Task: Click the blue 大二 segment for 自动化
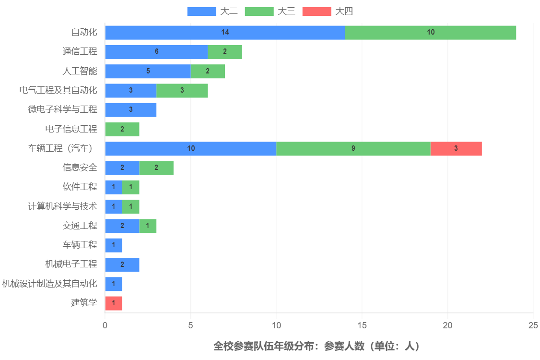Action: pyautogui.click(x=224, y=33)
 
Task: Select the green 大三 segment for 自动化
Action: pyautogui.click(x=430, y=33)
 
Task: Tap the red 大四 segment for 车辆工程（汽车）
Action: pyautogui.click(x=456, y=149)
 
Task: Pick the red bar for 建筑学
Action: pyautogui.click(x=114, y=303)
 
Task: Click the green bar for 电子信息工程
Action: pyautogui.click(x=122, y=130)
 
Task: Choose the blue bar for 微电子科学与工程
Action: pyautogui.click(x=131, y=110)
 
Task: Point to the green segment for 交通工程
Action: pyautogui.click(x=148, y=226)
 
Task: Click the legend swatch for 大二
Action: pyautogui.click(x=201, y=12)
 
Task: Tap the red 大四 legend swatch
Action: pyautogui.click(x=317, y=12)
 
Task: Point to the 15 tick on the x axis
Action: pyautogui.click(x=362, y=325)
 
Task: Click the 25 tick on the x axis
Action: pyautogui.click(x=533, y=325)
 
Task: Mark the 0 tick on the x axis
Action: pyautogui.click(x=105, y=325)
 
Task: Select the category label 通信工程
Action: pyautogui.click(x=80, y=52)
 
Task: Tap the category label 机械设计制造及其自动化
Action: pyautogui.click(x=49, y=284)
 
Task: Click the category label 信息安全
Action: pyautogui.click(x=80, y=168)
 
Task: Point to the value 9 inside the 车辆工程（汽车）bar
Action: pyautogui.click(x=353, y=149)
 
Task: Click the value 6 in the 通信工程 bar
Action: pyautogui.click(x=156, y=52)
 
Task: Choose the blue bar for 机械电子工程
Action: pyautogui.click(x=122, y=264)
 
